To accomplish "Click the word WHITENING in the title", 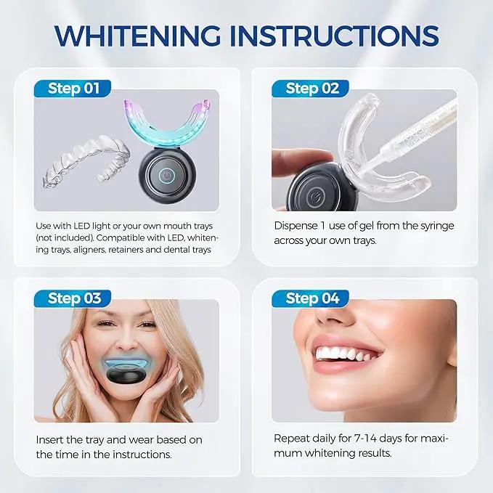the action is pos(137,36).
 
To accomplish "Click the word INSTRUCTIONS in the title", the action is pos(334,36).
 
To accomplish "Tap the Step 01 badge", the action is pos(73,89).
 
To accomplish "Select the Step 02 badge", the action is pos(311,89).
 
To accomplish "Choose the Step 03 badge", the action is pos(73,298).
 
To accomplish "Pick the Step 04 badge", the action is pos(311,298).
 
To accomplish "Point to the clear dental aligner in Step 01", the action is pos(86,162).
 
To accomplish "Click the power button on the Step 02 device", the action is pos(314,197).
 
